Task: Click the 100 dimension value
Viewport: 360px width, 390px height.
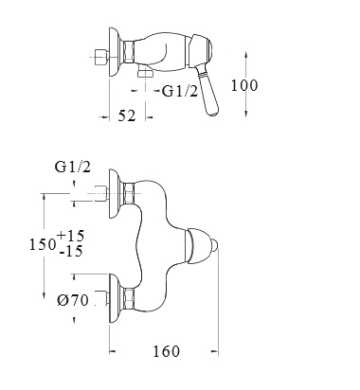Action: (x=244, y=85)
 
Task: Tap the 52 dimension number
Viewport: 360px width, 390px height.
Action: (x=127, y=115)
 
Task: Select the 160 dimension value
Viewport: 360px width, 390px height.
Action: (x=166, y=351)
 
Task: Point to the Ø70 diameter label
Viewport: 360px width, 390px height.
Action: (x=73, y=300)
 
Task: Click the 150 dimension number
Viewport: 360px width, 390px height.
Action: (x=43, y=244)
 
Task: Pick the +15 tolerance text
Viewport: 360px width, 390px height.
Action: (x=71, y=236)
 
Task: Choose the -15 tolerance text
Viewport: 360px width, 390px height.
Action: (x=71, y=251)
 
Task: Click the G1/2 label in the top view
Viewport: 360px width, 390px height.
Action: (x=180, y=91)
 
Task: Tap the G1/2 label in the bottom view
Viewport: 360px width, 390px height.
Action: (x=73, y=167)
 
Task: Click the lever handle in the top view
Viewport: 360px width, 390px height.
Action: (x=208, y=93)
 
